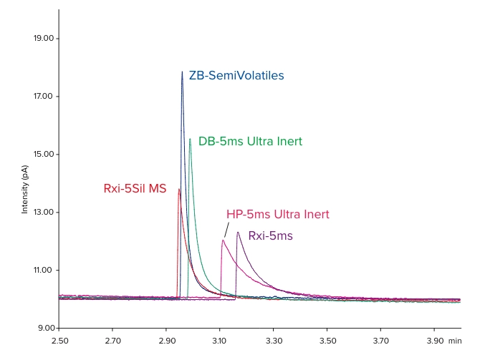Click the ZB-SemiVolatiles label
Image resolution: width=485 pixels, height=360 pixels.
coord(236,75)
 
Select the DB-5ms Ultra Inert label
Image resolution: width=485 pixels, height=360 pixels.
coord(250,141)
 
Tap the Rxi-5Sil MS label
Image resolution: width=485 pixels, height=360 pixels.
coord(135,189)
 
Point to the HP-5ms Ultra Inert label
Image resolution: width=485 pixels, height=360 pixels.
coord(277,214)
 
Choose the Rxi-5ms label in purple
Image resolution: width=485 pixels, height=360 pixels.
coord(270,235)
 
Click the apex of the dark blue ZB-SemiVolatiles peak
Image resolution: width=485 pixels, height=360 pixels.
coord(182,72)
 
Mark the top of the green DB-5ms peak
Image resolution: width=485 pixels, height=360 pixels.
coord(190,139)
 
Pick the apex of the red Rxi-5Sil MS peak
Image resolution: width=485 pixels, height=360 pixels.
coord(179,189)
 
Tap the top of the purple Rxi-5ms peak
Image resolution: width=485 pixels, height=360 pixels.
coord(237,232)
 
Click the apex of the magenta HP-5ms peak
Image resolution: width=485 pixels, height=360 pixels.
coord(223,240)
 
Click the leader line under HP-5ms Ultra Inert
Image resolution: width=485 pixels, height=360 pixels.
coord(227,230)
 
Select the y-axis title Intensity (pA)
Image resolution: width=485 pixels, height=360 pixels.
coord(25,189)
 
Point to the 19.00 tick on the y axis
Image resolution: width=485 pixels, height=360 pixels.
coord(44,39)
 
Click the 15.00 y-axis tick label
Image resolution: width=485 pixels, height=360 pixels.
coord(44,155)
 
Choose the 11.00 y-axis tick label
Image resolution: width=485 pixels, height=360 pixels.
coord(44,271)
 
